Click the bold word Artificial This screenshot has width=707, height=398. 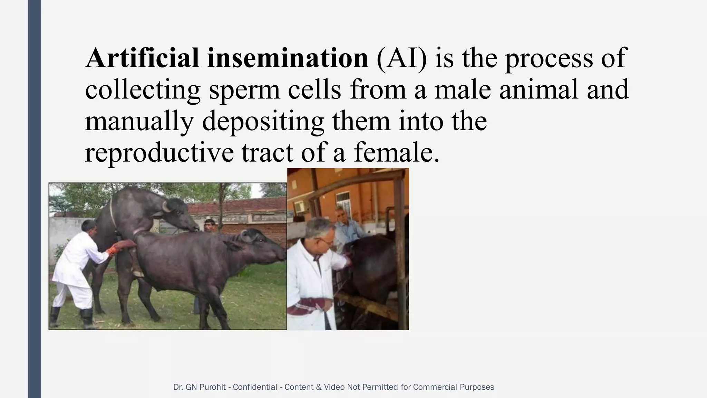tap(143, 58)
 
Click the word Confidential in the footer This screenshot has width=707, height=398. tap(255, 387)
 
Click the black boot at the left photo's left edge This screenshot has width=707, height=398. tap(55, 317)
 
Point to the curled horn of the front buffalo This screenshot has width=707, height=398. tap(246, 236)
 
